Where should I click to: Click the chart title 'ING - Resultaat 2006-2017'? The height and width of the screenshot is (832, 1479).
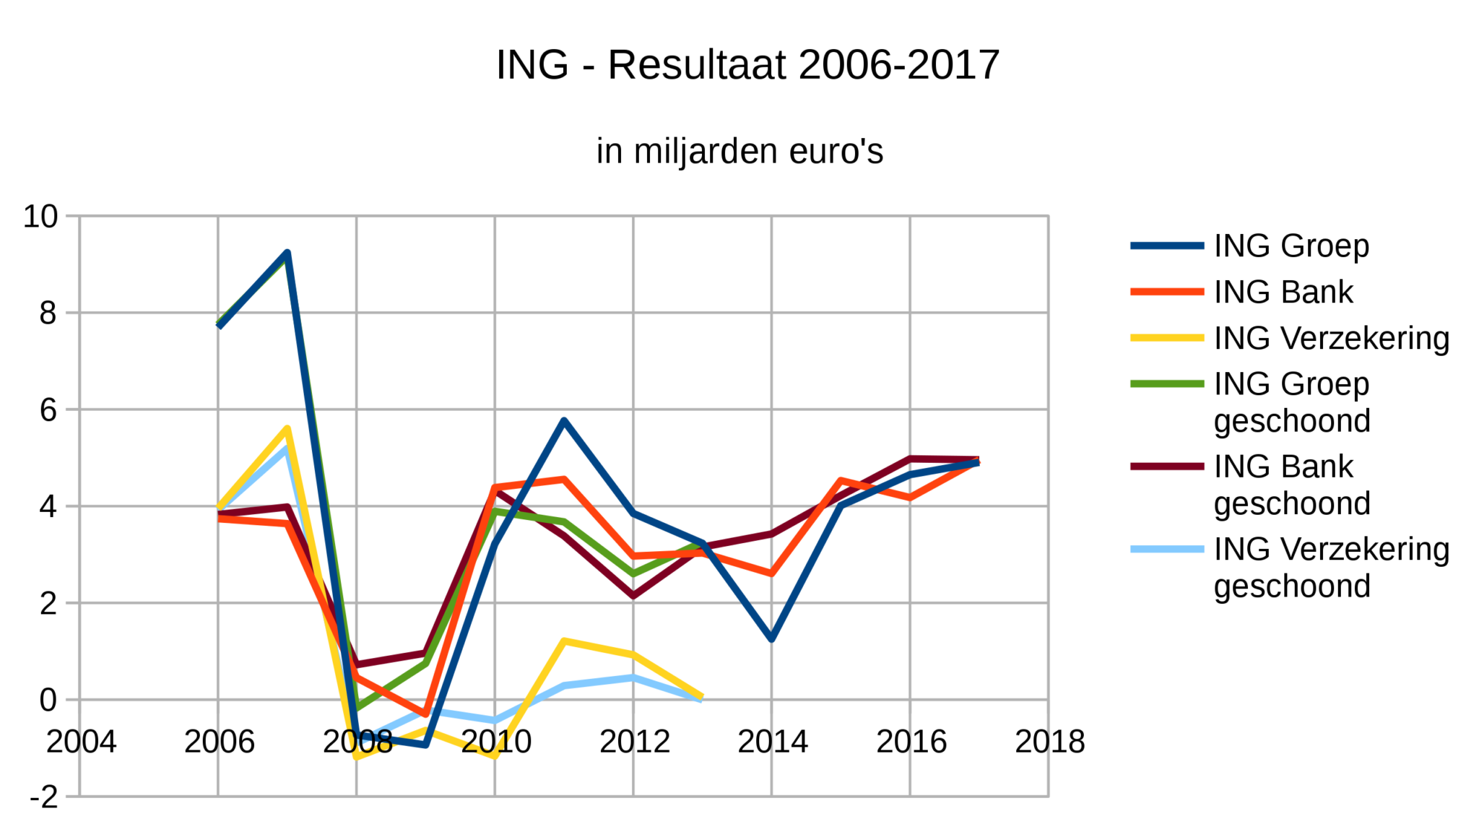pyautogui.click(x=747, y=65)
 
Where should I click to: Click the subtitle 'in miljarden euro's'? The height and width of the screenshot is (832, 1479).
pyautogui.click(x=739, y=152)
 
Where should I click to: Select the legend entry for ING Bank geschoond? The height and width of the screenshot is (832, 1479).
pyautogui.click(x=1291, y=485)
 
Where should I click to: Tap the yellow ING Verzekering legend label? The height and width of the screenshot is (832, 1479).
pyautogui.click(x=1331, y=338)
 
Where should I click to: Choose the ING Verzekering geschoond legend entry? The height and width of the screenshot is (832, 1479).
pyautogui.click(x=1331, y=567)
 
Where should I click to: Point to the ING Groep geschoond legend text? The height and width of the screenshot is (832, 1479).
pyautogui.click(x=1291, y=402)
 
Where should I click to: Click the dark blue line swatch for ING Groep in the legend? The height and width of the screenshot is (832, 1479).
pyautogui.click(x=1167, y=246)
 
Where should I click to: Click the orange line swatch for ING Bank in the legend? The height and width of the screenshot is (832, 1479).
pyautogui.click(x=1167, y=292)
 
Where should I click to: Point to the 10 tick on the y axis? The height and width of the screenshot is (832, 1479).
pyautogui.click(x=40, y=216)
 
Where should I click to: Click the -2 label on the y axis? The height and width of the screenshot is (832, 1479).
pyautogui.click(x=43, y=797)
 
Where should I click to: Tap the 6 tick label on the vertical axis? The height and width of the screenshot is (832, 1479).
pyautogui.click(x=48, y=410)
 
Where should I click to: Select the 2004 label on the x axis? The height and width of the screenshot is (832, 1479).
pyautogui.click(x=81, y=742)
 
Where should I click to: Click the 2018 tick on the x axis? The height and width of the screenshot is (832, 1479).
pyautogui.click(x=1049, y=742)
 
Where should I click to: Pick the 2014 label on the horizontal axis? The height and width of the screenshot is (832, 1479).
pyautogui.click(x=772, y=742)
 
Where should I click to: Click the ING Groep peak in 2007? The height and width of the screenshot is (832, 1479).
pyautogui.click(x=287, y=253)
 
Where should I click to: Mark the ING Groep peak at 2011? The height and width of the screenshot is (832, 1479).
pyautogui.click(x=564, y=420)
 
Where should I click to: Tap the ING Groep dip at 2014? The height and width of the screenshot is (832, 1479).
pyautogui.click(x=772, y=638)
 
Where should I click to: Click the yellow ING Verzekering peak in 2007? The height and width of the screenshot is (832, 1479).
pyautogui.click(x=287, y=429)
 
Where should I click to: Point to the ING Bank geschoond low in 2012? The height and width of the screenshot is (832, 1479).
pyautogui.click(x=633, y=596)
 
